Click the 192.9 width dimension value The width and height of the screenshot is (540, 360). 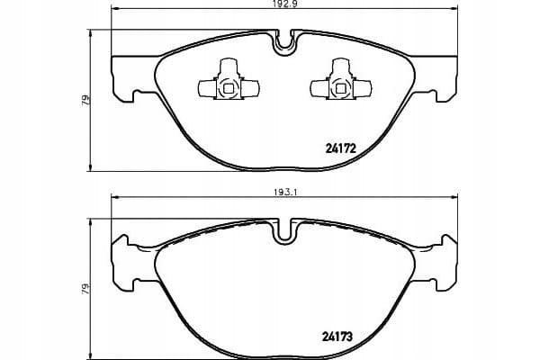(x=284, y=4)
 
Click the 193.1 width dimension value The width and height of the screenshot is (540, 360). (x=285, y=193)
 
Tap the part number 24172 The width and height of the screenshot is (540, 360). (x=340, y=148)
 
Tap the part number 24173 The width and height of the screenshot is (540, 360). (x=337, y=337)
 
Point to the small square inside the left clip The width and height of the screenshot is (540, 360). (x=229, y=88)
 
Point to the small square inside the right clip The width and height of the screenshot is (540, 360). (x=340, y=88)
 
